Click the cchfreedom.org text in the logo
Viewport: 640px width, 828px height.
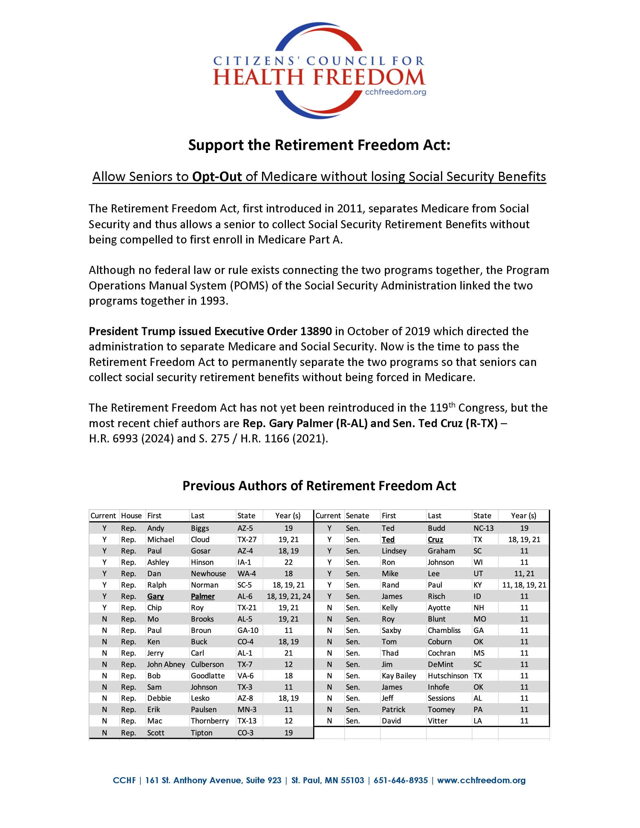[x=395, y=92]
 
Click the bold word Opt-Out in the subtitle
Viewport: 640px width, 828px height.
[x=217, y=177]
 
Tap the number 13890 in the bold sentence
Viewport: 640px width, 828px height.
[x=316, y=331]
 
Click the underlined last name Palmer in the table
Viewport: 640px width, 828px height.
[x=203, y=596]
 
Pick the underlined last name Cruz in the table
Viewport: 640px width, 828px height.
[x=435, y=539]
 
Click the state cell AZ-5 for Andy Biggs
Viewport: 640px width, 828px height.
[x=245, y=528]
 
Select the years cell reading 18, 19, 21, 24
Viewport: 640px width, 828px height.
[x=289, y=596]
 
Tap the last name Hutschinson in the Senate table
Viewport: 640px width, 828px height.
[x=448, y=676]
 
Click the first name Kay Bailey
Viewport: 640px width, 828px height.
[x=399, y=676]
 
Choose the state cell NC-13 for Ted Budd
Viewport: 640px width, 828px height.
[x=483, y=528]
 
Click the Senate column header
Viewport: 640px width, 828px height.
[x=357, y=516]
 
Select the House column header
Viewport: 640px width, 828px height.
[x=131, y=516]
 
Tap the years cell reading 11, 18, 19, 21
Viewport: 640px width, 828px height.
[x=524, y=585]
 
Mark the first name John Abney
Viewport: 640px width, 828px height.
[x=166, y=664]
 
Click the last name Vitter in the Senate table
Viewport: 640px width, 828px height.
[x=437, y=721]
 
